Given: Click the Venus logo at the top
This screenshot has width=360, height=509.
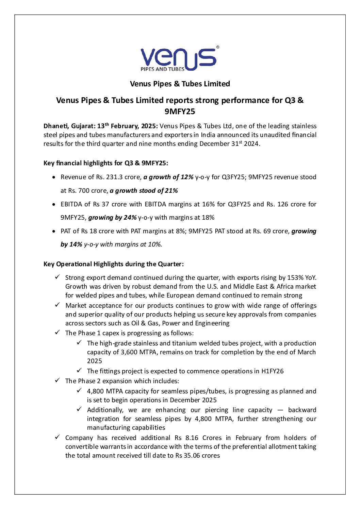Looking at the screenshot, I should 178,59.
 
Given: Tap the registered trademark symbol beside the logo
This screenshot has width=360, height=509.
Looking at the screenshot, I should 218,47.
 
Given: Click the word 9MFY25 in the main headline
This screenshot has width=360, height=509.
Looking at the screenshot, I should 180,112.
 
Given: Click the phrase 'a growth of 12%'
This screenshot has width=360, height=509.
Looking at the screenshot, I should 168,177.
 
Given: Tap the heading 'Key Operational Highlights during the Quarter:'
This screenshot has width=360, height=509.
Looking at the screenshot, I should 114,264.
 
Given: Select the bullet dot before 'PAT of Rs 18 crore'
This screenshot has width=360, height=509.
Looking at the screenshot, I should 54,231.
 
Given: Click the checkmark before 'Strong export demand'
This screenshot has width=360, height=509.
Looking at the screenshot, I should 58,277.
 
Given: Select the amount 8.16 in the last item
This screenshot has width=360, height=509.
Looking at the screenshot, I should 192,438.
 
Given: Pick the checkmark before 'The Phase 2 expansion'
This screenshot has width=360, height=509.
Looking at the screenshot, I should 58,381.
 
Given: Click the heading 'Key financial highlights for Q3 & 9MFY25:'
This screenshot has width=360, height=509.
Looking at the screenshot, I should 106,163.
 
